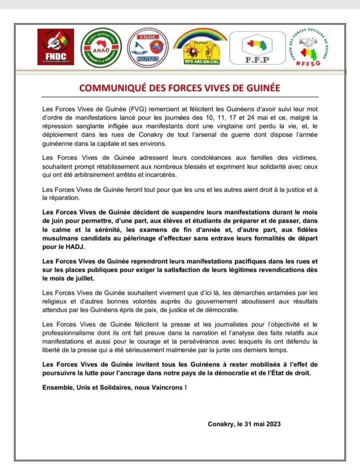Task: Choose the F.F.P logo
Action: (258, 47)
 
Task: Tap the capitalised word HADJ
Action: (67, 246)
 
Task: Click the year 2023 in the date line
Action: (270, 424)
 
